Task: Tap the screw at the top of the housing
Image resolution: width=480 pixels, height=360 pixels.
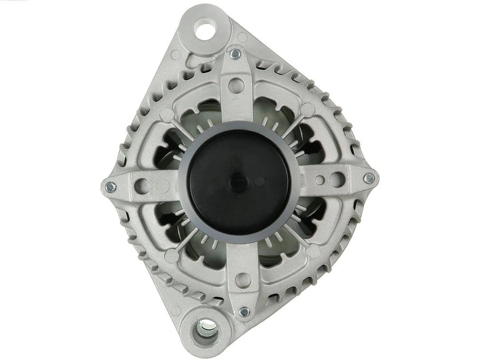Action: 236,54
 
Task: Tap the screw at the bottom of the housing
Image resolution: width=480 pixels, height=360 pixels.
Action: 244,312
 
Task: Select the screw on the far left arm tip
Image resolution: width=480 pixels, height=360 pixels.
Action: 111,187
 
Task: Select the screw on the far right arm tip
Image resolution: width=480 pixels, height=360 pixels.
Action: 369,178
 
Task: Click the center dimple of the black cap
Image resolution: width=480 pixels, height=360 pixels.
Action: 239,182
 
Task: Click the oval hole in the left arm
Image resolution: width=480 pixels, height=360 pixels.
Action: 142,186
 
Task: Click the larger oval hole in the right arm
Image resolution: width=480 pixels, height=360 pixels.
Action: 337,180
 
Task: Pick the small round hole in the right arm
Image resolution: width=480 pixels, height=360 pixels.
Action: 319,180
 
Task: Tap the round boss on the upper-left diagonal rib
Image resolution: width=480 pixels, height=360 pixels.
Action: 166,115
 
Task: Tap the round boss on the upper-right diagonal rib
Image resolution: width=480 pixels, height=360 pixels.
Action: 307,109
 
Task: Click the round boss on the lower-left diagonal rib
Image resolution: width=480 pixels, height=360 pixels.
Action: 172,255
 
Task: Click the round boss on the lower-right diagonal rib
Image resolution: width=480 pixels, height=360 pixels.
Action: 313,251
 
